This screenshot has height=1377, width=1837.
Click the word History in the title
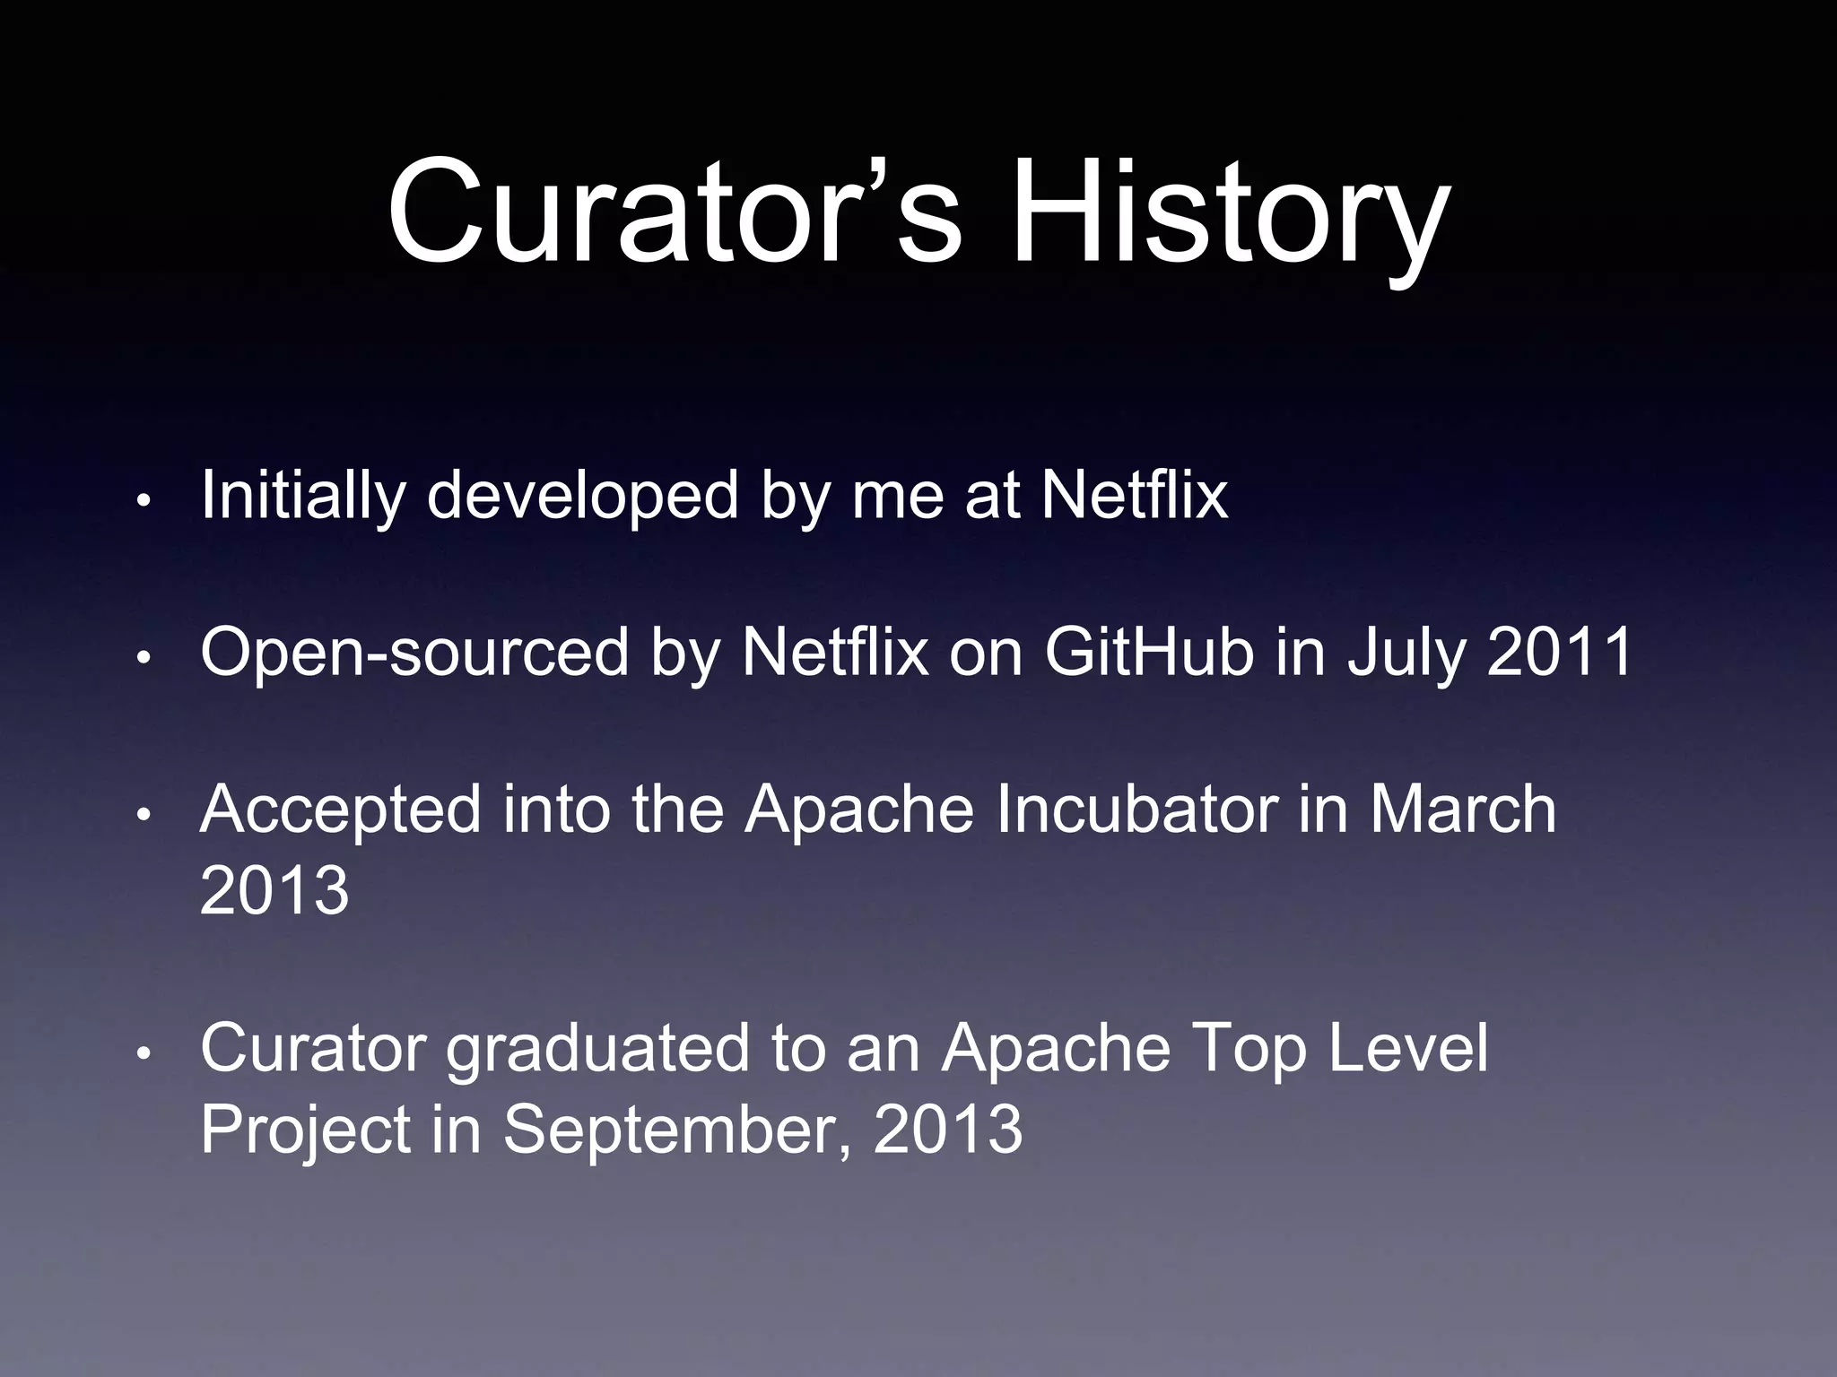1229,215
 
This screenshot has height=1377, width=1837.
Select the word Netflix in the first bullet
1134,495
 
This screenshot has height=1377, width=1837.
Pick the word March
1462,810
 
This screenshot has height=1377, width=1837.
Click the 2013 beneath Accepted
274,890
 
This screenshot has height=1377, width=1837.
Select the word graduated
596,1049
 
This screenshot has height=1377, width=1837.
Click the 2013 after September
947,1129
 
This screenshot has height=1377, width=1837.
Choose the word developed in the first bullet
582,495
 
